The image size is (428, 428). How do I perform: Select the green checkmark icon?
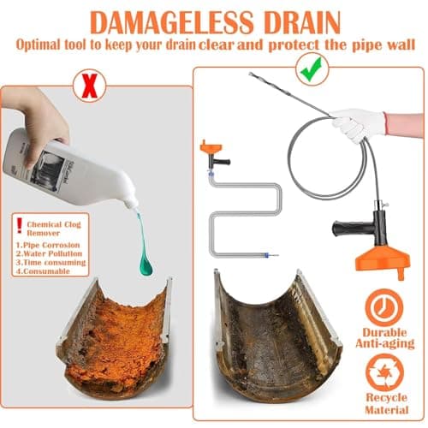coord(308,67)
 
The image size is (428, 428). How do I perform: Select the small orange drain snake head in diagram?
coord(209,150)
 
